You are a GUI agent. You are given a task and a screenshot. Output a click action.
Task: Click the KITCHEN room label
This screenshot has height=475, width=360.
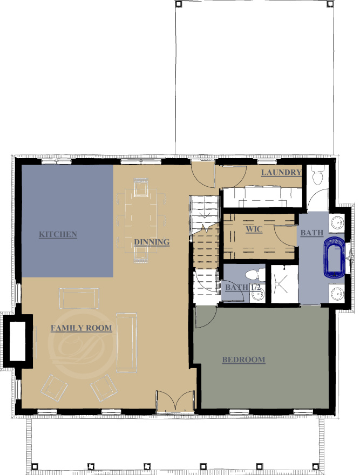[x=58, y=234]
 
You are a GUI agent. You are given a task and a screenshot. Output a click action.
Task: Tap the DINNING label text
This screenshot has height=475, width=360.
[x=152, y=242]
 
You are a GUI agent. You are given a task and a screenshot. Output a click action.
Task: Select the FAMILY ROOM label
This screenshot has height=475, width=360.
[x=81, y=328]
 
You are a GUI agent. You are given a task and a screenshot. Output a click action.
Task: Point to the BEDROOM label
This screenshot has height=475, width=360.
[x=243, y=360]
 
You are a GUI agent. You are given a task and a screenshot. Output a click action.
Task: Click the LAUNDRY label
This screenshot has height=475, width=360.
[x=281, y=172]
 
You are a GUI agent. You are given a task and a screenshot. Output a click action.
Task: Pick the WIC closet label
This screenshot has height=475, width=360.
[x=254, y=229]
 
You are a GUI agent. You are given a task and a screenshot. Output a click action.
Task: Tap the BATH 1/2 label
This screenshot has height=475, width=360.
[x=243, y=287]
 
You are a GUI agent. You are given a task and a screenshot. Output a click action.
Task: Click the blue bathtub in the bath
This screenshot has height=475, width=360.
[x=334, y=258]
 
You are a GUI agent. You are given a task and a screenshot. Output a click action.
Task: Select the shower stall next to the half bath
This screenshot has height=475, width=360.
[x=284, y=284]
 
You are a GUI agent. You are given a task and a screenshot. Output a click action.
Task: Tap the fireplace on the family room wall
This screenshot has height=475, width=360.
[x=17, y=341]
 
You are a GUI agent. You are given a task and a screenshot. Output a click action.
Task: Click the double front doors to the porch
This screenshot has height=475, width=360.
[x=175, y=401]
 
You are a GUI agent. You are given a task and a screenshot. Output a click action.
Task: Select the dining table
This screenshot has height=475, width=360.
[x=141, y=221]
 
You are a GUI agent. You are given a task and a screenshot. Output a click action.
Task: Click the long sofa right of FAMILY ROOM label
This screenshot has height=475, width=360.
[x=127, y=342]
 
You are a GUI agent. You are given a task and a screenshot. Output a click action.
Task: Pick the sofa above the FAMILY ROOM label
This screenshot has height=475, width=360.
[x=79, y=298]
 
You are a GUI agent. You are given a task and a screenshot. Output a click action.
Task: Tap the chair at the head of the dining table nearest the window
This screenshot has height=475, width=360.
[x=141, y=187]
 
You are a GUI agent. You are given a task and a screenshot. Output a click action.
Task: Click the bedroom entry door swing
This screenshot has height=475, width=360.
[x=206, y=317]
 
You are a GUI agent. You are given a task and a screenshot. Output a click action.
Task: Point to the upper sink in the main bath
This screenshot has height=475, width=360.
[x=336, y=222]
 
